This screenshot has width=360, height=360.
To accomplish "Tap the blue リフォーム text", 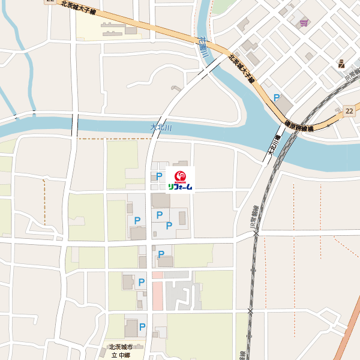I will pos(181,187).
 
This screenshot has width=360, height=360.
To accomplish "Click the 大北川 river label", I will pos(161,128).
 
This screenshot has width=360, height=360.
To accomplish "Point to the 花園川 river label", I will pos(203,47).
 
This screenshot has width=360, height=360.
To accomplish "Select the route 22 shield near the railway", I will pos(350,111).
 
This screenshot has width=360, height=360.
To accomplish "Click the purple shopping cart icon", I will pos(304,23).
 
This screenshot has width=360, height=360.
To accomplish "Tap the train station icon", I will pos(341,63).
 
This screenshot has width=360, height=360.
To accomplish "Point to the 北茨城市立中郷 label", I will pos(119,351).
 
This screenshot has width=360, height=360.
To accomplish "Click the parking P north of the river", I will pos(277,97).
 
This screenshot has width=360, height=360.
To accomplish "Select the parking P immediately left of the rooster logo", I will pos(158,177).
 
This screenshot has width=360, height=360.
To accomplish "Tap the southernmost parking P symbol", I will pos(142,327).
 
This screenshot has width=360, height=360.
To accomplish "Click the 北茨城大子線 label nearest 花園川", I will pos(241,69).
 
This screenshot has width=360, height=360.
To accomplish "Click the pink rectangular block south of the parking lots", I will pos(157,295).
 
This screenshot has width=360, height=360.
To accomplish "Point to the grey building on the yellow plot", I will pos(112,31).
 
